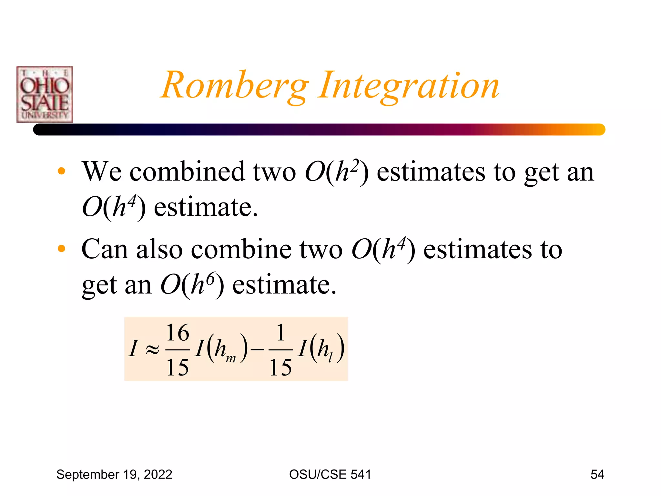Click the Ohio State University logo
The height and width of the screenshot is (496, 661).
click(45, 94)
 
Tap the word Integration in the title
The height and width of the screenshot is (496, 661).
click(409, 86)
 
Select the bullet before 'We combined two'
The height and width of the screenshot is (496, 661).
click(61, 171)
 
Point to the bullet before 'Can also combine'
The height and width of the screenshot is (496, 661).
click(61, 249)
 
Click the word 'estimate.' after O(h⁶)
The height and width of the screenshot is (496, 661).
click(284, 285)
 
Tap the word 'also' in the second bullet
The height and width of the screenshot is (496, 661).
click(159, 249)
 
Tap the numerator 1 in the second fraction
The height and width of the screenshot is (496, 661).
click(281, 333)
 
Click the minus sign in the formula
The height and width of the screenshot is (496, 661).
click(257, 350)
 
